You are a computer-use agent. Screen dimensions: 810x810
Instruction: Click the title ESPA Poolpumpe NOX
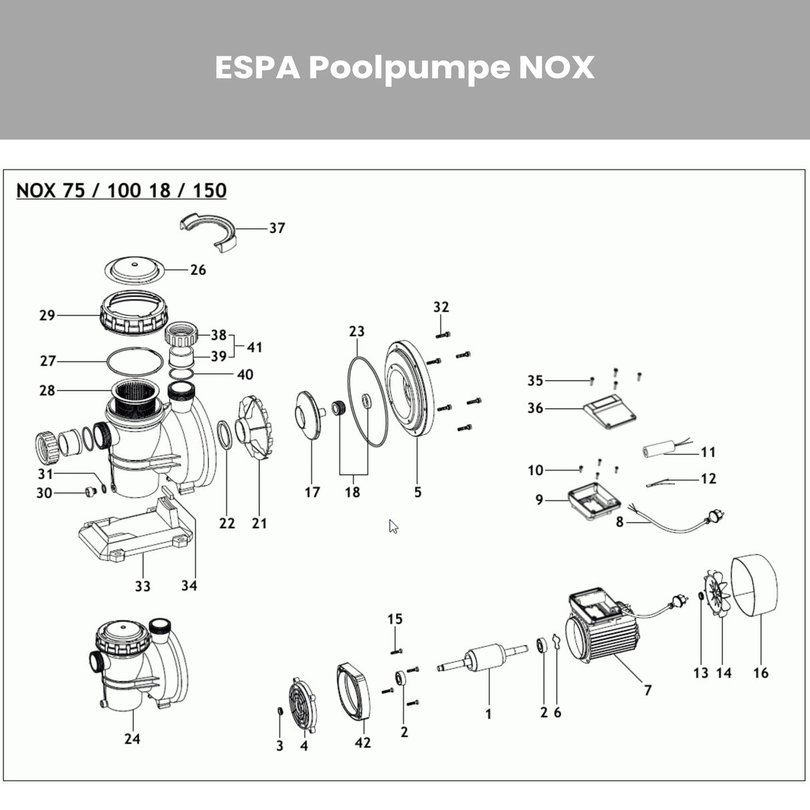[x=404, y=68]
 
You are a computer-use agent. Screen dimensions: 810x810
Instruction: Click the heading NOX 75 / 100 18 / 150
[x=121, y=191]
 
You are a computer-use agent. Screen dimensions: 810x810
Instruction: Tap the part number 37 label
[x=277, y=228]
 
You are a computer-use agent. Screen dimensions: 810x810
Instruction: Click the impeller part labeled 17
[x=309, y=416]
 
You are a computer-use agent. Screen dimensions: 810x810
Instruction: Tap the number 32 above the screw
[x=441, y=307]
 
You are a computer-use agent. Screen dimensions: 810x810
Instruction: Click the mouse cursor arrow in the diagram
[x=394, y=526]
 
